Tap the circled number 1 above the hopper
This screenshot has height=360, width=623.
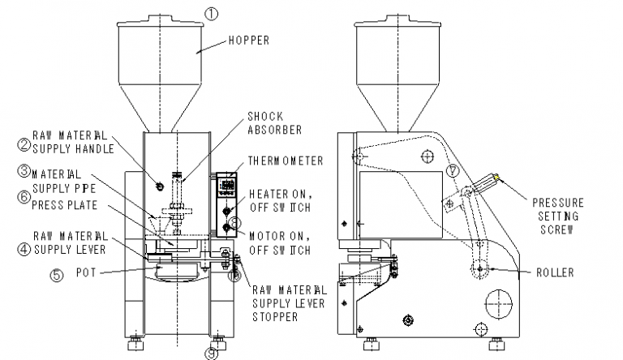click(211, 14)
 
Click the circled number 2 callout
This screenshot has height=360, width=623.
click(24, 145)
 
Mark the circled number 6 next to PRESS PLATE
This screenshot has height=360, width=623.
click(24, 197)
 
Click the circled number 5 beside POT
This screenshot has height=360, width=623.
click(56, 275)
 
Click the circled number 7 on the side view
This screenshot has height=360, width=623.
click(452, 171)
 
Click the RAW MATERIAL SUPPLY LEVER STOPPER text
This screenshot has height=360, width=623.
click(289, 303)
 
